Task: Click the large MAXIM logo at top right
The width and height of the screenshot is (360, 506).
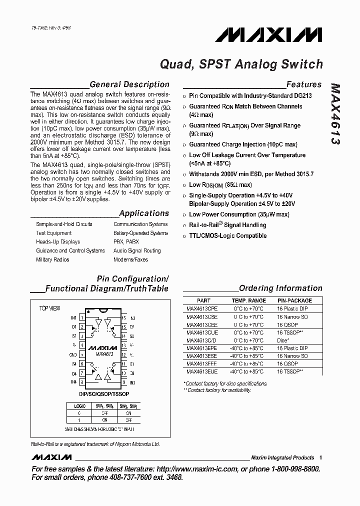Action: [268, 34]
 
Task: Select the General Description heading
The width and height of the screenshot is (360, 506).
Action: [129, 84]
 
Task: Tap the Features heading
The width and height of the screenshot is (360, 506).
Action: [303, 84]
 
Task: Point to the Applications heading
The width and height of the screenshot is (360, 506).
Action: [144, 213]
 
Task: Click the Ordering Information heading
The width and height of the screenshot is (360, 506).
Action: [280, 288]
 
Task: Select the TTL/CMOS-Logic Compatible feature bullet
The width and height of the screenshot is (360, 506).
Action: [227, 235]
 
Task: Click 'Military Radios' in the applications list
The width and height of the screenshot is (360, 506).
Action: [52, 259]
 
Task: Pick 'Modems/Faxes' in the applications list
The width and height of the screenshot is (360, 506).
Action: [130, 259]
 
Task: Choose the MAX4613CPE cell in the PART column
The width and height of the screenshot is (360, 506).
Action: [202, 309]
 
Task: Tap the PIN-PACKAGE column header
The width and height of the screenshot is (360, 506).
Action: [294, 301]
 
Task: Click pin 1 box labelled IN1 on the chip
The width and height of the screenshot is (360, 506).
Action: [81, 317]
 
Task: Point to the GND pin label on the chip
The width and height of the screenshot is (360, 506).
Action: [73, 354]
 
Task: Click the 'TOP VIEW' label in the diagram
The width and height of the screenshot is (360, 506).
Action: [49, 308]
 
